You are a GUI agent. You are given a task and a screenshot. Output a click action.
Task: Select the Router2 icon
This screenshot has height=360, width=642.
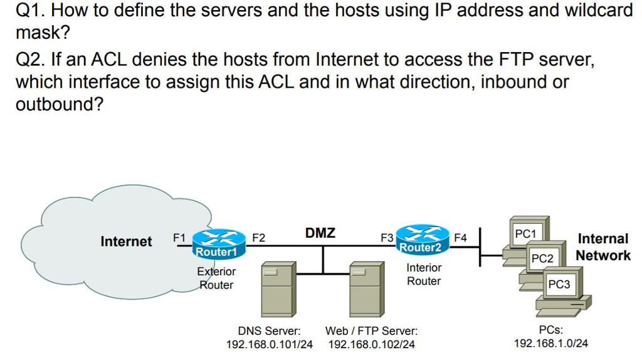[421, 240]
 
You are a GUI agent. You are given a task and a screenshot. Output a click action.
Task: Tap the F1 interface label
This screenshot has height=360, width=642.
[179, 238]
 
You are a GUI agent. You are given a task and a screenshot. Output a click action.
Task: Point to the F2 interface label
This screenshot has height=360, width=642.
[258, 238]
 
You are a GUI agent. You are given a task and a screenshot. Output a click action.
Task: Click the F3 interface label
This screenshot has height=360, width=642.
[387, 238]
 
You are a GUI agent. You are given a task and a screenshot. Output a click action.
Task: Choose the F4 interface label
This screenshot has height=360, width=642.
[460, 238]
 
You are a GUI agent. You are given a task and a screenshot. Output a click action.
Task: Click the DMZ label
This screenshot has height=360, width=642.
[320, 233]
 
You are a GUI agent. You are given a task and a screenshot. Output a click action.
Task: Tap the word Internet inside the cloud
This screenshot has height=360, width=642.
[126, 241]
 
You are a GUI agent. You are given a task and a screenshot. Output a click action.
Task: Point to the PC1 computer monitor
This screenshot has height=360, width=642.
[526, 234]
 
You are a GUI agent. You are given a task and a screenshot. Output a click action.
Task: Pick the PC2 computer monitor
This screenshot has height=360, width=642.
[542, 258]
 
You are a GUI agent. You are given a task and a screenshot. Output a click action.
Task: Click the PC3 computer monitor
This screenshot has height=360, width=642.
[559, 284]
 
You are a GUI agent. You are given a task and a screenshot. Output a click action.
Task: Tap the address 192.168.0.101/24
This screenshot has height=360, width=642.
[269, 344]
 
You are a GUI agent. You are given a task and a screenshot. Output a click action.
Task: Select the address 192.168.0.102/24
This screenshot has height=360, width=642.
[371, 344]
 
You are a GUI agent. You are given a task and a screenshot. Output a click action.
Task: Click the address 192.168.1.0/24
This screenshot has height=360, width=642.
[550, 344]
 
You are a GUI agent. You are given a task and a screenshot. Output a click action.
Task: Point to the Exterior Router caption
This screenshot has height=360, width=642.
[216, 278]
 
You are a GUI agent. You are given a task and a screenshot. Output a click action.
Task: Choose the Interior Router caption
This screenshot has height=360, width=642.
[424, 274]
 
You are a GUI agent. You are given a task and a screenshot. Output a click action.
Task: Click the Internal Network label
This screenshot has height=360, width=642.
[603, 247]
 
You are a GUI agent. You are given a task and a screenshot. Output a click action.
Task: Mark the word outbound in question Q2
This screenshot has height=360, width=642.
[59, 104]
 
